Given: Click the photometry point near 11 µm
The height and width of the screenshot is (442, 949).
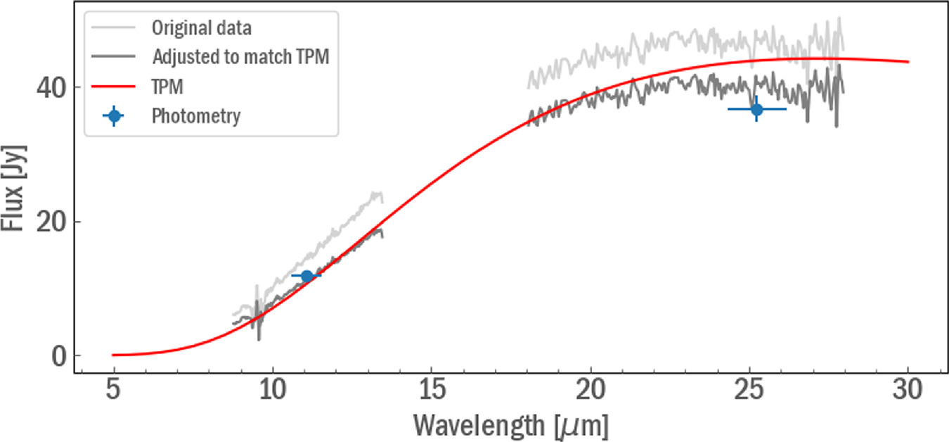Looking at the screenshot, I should point(306,276).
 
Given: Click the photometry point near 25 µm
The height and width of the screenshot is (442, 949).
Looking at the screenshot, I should point(756,109).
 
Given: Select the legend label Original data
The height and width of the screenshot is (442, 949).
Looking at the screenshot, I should point(202,30).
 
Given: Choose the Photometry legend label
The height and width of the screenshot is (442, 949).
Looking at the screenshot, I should point(196,116).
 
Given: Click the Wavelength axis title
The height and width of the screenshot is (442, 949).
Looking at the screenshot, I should point(510,424).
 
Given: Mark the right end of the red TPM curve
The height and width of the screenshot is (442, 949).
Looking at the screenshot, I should point(908,62).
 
